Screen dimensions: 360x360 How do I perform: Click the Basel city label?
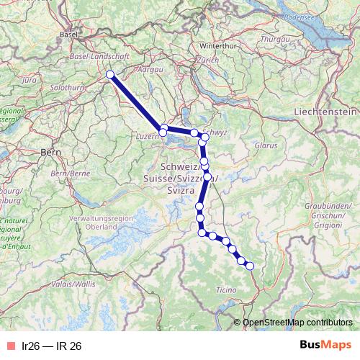(69, 34)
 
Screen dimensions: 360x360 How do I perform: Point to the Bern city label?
(50, 152)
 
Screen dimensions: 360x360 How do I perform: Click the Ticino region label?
(225, 290)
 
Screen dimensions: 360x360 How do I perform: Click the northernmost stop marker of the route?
(110, 75)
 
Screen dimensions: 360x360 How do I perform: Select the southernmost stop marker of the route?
(251, 266)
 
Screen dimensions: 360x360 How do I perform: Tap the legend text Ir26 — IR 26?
(52, 346)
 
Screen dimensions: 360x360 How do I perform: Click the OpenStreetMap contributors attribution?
(298, 322)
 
